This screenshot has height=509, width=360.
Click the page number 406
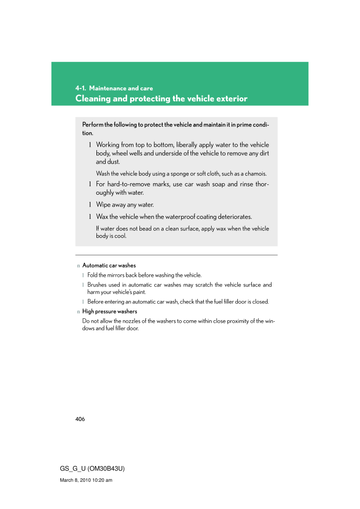80,419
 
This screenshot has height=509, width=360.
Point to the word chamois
256,173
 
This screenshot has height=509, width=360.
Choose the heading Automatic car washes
109,265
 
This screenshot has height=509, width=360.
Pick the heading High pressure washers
109,311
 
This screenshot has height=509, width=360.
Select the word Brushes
97,285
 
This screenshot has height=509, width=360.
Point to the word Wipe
103,205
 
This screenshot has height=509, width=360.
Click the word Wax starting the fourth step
102,216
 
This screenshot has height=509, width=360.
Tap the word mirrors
115,275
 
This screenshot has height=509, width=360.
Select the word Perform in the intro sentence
92,125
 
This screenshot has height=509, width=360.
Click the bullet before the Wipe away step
90,205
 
